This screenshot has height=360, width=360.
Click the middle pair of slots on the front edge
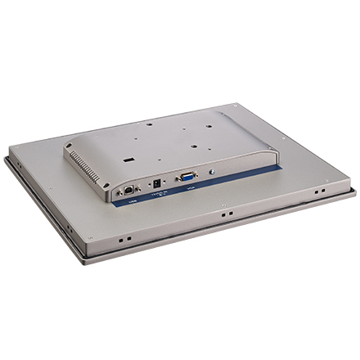click(x=223, y=216)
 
